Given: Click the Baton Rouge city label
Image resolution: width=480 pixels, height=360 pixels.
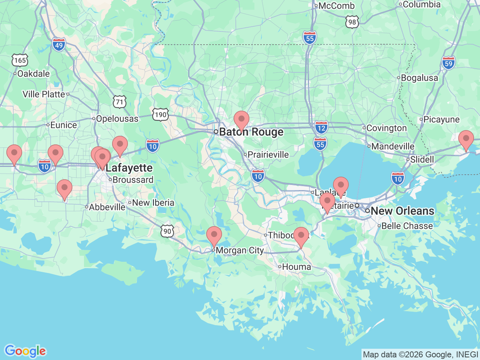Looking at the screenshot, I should pyautogui.click(x=251, y=132).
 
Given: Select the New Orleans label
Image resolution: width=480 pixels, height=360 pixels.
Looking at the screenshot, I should pyautogui.click(x=402, y=211).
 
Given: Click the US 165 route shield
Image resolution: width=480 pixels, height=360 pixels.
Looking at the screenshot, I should pyautogui.click(x=20, y=60).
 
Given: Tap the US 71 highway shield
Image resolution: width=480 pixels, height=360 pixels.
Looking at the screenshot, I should pyautogui.click(x=119, y=102).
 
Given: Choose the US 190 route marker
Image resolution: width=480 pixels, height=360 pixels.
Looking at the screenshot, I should pyautogui.click(x=160, y=114).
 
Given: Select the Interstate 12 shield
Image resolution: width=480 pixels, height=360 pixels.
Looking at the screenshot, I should pyautogui.click(x=321, y=127).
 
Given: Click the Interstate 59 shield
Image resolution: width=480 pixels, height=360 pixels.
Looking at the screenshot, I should pyautogui.click(x=448, y=63).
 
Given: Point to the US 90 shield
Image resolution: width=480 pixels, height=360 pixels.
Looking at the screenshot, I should pyautogui.click(x=167, y=231).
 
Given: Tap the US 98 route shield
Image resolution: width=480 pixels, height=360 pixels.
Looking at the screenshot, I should pyautogui.click(x=352, y=22).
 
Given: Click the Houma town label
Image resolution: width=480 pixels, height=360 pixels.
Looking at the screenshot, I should pyautogui.click(x=296, y=267).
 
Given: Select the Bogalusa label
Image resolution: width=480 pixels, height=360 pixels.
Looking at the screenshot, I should pyautogui.click(x=419, y=78).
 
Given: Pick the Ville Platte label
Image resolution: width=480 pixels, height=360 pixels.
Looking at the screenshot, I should pyautogui.click(x=44, y=94).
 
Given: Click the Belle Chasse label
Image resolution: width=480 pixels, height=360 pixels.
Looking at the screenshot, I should pyautogui.click(x=407, y=226).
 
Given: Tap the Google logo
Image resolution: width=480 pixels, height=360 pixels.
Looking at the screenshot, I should pyautogui.click(x=25, y=351).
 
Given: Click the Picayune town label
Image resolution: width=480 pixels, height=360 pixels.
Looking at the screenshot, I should pyautogui.click(x=441, y=120).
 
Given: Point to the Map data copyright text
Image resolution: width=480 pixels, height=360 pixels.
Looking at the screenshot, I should pyautogui.click(x=420, y=354).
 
